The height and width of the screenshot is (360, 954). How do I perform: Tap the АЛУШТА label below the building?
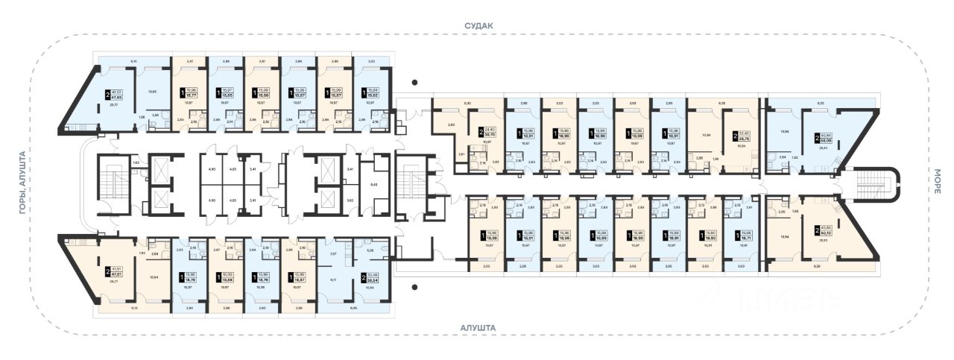pyautogui.click(x=478, y=327)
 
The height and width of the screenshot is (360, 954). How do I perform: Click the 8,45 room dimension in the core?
pyautogui.click(x=373, y=183)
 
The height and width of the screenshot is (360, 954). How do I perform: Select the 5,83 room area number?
pyautogui.click(x=440, y=124)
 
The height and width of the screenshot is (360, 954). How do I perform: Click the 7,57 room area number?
pyautogui.click(x=332, y=253)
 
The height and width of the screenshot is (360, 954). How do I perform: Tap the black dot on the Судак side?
pyautogui.click(x=416, y=83)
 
